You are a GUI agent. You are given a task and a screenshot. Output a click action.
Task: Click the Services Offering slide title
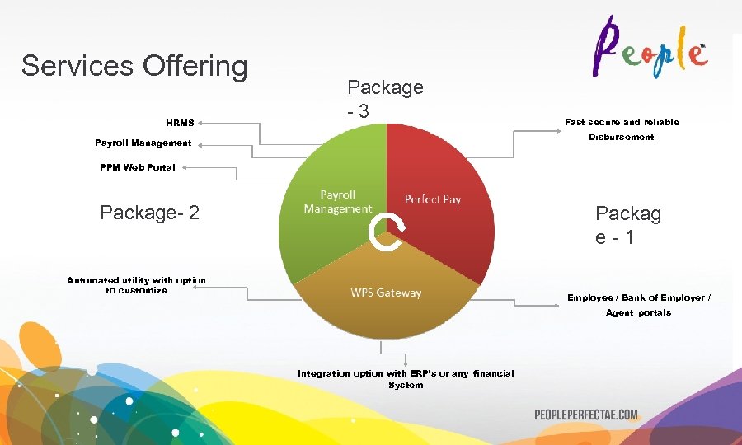[134, 66]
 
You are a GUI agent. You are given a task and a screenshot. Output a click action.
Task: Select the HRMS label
[180, 124]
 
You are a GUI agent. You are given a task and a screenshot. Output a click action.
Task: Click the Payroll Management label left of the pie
[143, 143]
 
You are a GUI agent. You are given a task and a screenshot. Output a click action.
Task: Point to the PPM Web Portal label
[138, 167]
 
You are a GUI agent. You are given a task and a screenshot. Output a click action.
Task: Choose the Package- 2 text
[149, 213]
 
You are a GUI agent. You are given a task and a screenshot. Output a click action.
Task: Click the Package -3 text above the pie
[385, 97]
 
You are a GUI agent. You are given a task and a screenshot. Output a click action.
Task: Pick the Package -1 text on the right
[627, 225]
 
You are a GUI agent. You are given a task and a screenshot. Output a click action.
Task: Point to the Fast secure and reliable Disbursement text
[622, 129]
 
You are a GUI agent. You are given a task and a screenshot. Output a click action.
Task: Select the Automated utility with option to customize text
[136, 285]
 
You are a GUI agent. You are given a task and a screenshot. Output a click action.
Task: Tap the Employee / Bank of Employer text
[638, 298]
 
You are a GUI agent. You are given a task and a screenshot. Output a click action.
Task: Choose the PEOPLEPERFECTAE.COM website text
[585, 415]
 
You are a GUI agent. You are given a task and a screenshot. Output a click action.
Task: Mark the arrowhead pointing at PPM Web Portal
[185, 167]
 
